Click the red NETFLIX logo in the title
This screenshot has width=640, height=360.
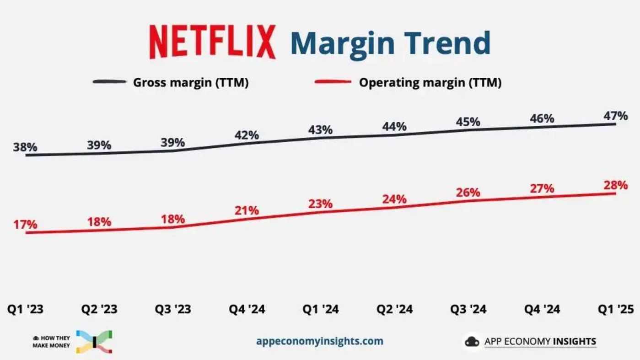pos(213,42)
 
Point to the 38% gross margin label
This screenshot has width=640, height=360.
pos(25,147)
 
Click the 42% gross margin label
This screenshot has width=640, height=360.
pos(247,135)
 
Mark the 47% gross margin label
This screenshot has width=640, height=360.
pos(615,116)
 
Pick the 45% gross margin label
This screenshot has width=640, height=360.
pos(468,122)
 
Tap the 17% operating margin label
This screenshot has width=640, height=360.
pos(25,225)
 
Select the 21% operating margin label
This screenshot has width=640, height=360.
pos(247,211)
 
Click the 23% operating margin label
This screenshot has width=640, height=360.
pos(320,204)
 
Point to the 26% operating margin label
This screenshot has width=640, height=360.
pos(468,193)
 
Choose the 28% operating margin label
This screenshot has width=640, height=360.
pos(615,185)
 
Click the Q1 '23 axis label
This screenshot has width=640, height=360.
pos(25,310)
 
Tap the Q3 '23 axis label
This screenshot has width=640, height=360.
pos(172,310)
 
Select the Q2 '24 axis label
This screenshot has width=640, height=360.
pos(394,310)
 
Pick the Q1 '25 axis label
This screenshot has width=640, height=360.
pos(615,310)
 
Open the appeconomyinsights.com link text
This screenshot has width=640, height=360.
pos(320,341)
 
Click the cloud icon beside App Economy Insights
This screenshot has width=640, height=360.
pos(472,342)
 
